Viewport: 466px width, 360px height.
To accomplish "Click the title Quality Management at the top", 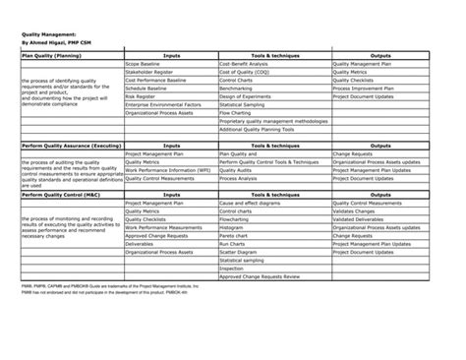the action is point(50,34).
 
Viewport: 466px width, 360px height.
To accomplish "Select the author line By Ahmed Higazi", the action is point(55,44).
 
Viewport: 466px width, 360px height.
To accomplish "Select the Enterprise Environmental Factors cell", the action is point(161,103).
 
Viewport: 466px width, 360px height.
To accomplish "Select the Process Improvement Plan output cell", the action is point(369,88).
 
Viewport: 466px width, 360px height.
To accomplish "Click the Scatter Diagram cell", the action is point(240,252).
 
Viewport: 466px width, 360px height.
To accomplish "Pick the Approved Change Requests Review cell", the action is point(261,276).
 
